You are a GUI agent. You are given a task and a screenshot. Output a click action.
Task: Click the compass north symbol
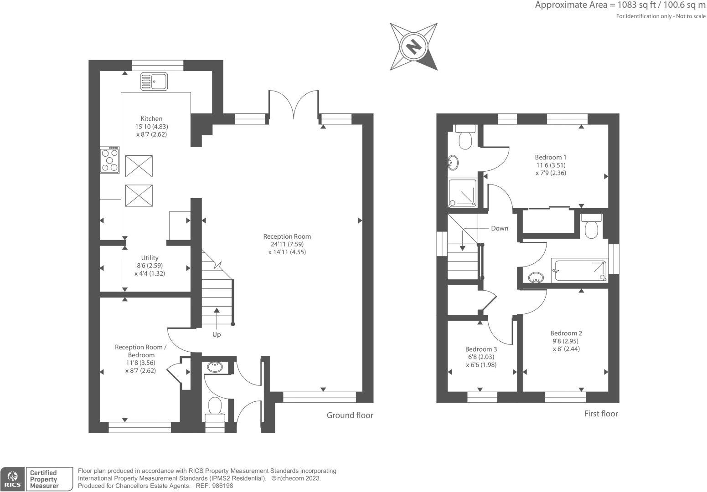click(413, 46)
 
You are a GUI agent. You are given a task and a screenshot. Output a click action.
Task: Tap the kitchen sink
click(154, 82)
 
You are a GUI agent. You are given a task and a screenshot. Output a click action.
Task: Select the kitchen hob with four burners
click(110, 160)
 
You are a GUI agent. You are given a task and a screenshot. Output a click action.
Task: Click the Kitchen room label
click(151, 118)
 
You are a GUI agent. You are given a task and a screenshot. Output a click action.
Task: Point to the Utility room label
click(150, 258)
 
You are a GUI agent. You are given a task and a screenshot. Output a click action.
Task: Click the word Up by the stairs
click(217, 334)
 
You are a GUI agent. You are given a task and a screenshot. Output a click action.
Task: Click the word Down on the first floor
click(499, 228)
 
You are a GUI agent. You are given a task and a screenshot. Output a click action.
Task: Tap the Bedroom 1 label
click(551, 157)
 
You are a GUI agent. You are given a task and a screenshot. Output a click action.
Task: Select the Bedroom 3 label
click(481, 349)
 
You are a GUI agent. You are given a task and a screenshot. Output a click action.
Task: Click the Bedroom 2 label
click(566, 333)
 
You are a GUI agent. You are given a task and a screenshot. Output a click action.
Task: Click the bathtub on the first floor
click(579, 271)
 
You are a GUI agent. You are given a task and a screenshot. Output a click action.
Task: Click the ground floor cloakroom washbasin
click(215, 366)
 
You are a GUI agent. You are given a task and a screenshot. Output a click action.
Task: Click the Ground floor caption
click(350, 415)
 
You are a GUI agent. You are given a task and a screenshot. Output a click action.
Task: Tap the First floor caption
click(601, 414)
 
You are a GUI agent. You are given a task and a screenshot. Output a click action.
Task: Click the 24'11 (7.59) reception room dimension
click(287, 244)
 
